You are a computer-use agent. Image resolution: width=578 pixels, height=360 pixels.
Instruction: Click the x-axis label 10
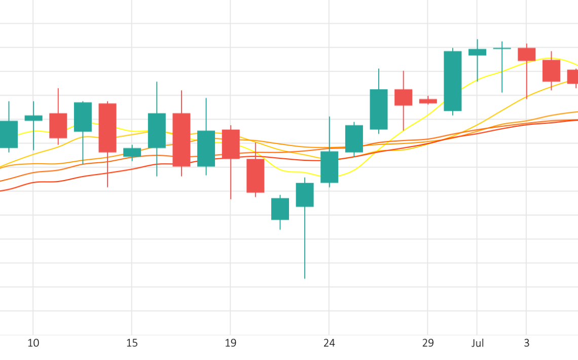(33, 343)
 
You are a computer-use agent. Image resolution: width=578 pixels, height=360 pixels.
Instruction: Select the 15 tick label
(132, 343)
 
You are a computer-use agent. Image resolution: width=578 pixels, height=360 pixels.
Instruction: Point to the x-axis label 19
(230, 343)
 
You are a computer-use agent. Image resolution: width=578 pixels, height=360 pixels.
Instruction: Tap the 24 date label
(329, 343)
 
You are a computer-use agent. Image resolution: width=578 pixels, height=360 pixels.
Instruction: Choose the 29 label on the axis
(428, 343)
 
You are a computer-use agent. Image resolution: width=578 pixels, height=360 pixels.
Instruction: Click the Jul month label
(477, 343)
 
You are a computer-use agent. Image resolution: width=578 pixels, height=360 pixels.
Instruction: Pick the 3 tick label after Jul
(526, 343)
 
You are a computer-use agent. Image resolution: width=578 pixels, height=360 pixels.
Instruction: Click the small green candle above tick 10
(33, 118)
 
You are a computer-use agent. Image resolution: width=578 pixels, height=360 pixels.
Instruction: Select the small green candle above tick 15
(132, 152)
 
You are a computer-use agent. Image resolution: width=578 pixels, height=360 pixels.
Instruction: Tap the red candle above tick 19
(231, 144)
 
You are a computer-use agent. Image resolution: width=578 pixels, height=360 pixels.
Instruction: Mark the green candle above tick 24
(330, 167)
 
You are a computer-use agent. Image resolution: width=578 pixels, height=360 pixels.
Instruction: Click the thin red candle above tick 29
(428, 101)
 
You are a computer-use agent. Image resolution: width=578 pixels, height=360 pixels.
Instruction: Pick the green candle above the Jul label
(477, 52)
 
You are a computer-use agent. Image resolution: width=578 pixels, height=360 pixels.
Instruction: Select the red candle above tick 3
(526, 54)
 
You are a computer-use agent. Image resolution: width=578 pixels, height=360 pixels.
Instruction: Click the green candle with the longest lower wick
(305, 195)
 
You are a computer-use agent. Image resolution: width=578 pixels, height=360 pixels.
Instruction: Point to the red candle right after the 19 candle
(256, 175)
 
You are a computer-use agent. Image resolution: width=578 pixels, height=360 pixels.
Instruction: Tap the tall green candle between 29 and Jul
(453, 81)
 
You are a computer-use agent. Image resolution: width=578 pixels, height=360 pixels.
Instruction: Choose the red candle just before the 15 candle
(107, 128)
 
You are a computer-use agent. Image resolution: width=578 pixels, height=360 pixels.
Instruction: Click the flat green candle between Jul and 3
(502, 48)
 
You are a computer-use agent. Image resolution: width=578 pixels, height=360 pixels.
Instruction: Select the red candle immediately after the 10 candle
(58, 126)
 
